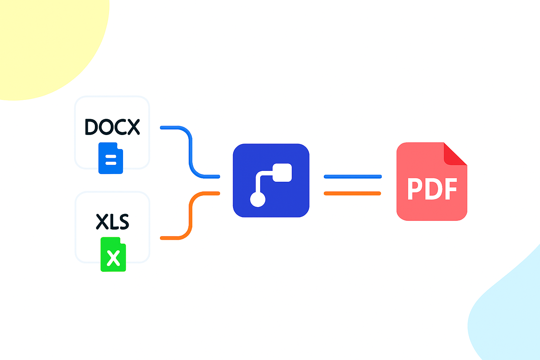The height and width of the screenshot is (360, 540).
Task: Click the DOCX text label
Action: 112,127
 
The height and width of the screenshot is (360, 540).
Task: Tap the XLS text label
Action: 112,222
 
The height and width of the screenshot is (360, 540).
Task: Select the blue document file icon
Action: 110,158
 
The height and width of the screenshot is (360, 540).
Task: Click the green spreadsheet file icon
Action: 113,254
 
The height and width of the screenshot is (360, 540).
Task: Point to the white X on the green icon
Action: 113,258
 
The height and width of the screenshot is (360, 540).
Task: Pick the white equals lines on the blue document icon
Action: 111,160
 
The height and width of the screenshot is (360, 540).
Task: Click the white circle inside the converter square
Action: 258,199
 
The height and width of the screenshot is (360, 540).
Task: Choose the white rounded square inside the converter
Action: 282,173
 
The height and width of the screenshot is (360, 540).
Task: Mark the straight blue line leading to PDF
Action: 353,176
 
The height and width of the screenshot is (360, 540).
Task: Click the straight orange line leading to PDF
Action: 352,193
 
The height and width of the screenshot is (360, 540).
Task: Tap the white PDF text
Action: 432,189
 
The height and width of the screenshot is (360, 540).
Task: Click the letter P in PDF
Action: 415,189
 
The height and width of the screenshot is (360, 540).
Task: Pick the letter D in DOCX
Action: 92,127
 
